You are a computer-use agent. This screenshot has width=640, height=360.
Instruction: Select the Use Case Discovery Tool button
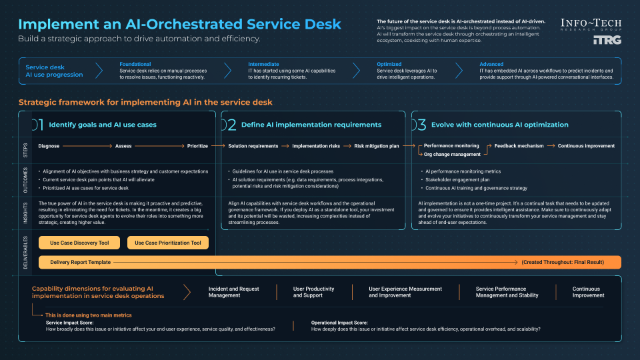point(79,243)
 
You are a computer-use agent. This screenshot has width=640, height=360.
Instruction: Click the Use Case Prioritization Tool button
point(167,243)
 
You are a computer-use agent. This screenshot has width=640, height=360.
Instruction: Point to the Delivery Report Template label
point(80,263)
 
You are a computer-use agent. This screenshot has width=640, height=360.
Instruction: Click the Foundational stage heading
point(135,65)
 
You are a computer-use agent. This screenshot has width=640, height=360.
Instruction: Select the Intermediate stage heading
point(263,65)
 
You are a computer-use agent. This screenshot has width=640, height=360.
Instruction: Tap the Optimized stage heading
point(389,65)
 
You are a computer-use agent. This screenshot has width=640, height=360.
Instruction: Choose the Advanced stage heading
point(491,65)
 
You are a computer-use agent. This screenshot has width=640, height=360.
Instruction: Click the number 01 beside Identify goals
point(37,125)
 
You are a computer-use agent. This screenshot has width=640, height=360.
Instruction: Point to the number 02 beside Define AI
point(228,125)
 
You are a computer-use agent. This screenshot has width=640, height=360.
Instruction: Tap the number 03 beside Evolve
point(419,125)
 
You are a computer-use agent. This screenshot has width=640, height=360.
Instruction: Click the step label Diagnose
point(49,146)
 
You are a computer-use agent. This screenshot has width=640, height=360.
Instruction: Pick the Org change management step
point(452,154)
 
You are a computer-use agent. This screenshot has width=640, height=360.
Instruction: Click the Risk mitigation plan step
point(377,146)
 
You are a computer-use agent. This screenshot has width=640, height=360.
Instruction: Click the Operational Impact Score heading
point(340,323)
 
